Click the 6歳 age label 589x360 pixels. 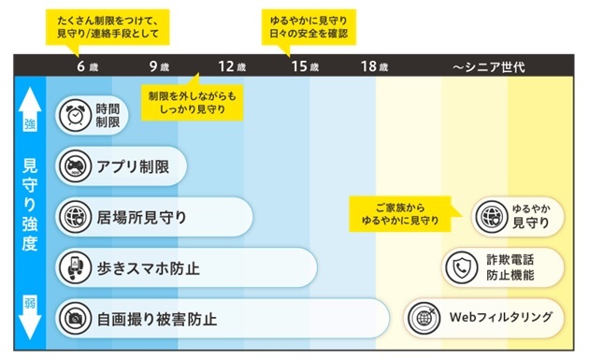click(86, 67)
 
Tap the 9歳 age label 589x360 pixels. click(158, 67)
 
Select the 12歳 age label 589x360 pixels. click(232, 67)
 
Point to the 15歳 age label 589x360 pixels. click(305, 67)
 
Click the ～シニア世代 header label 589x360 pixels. click(489, 67)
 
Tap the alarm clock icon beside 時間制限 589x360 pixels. click(74, 116)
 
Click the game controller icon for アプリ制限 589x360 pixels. click(74, 166)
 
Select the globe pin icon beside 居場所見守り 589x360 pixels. click(74, 217)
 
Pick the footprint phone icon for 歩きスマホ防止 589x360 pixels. click(74, 268)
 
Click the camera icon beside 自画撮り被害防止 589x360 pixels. click(74, 318)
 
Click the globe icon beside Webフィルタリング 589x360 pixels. click(424, 318)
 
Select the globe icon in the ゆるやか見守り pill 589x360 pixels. click(491, 217)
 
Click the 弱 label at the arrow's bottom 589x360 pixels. click(30, 303)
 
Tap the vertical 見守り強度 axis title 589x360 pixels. click(30, 216)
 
